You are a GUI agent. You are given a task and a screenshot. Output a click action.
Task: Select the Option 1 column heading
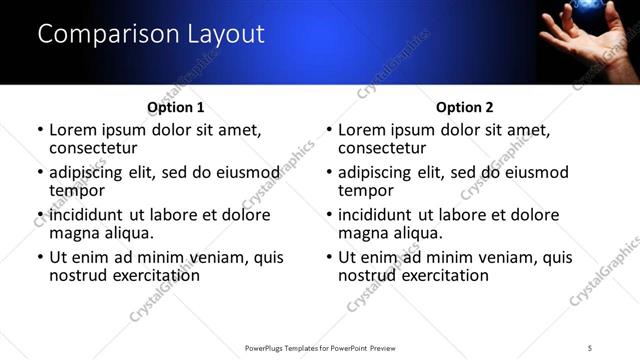pyautogui.click(x=176, y=107)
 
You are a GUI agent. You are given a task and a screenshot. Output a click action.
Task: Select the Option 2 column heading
pyautogui.click(x=465, y=107)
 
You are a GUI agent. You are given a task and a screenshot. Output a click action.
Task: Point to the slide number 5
pyautogui.click(x=590, y=347)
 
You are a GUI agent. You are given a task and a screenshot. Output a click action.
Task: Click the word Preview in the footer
pyautogui.click(x=389, y=347)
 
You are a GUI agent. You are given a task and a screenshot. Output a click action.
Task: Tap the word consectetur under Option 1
pyautogui.click(x=98, y=148)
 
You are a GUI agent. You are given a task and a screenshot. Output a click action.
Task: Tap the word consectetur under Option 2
pyautogui.click(x=387, y=148)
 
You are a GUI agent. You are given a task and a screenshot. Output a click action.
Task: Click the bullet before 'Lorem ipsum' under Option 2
pyautogui.click(x=329, y=131)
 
